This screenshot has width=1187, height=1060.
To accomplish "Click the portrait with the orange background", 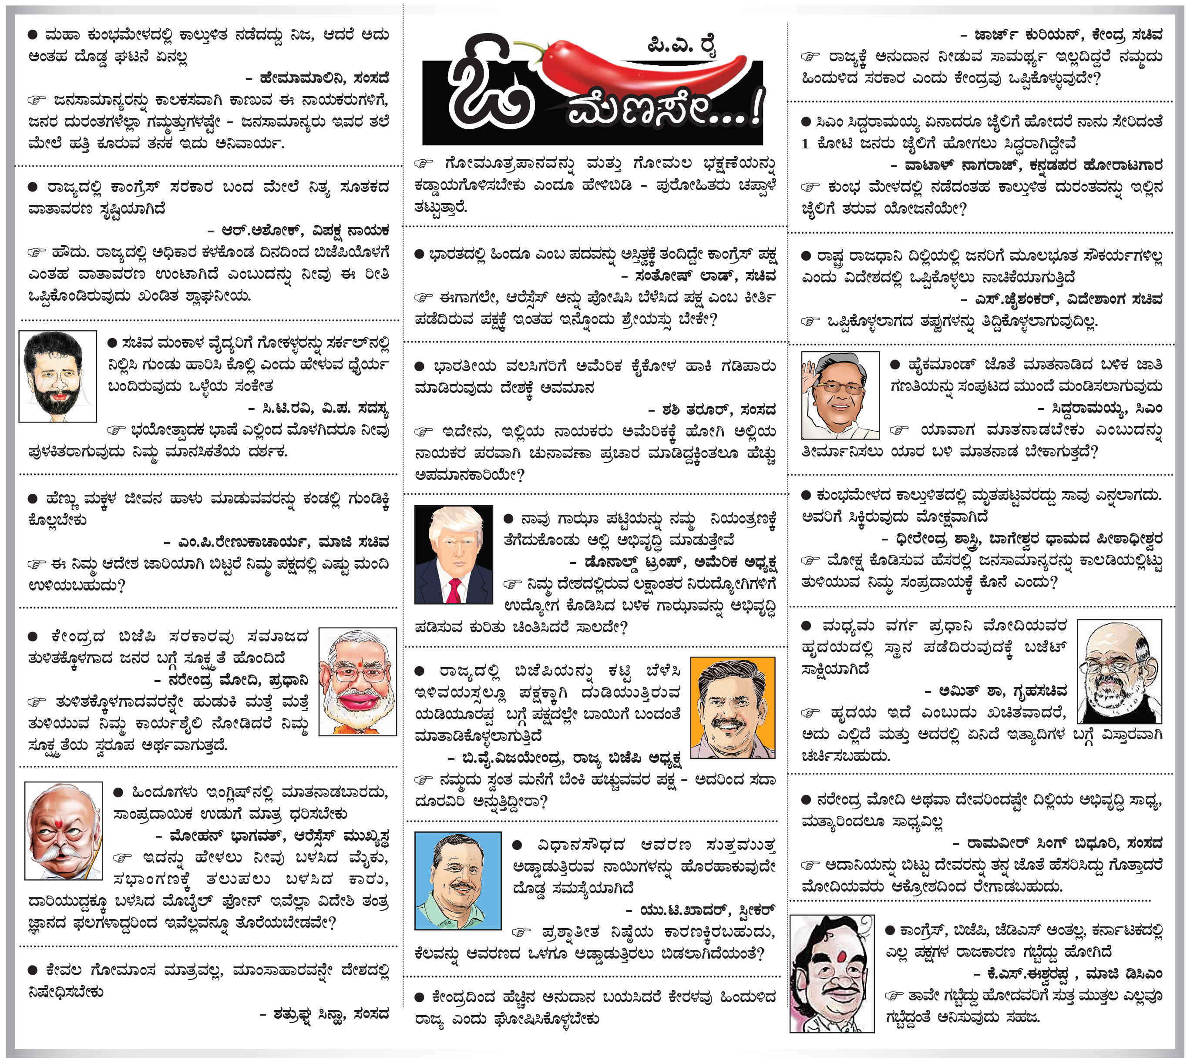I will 733,707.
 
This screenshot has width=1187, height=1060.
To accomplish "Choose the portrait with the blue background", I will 457,880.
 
